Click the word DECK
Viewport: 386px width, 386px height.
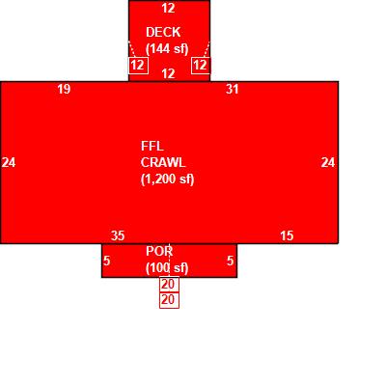point(163,32)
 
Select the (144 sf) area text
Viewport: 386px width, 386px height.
point(167,49)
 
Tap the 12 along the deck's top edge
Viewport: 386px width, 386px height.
point(168,8)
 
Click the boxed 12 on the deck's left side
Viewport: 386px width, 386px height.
point(138,66)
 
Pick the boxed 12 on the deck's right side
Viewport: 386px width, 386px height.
point(201,66)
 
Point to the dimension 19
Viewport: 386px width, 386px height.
point(64,89)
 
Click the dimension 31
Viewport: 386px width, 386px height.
point(233,89)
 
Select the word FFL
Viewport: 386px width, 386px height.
point(152,147)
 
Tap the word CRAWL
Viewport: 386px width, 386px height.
point(163,163)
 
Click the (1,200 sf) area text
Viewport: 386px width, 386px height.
point(168,179)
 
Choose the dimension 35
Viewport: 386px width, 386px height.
point(118,235)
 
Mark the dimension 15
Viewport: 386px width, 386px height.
point(287,235)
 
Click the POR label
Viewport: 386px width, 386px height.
point(159,251)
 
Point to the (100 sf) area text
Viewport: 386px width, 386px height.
point(167,268)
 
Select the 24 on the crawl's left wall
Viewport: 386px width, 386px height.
point(9,162)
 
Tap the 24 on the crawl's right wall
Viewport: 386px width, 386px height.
point(328,162)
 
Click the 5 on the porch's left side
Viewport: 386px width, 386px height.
point(107,261)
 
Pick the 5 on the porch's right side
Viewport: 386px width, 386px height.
point(230,261)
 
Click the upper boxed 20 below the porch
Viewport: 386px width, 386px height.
point(169,285)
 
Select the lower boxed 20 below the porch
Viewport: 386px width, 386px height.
point(169,300)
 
